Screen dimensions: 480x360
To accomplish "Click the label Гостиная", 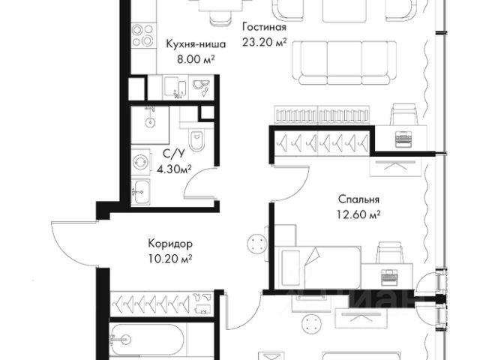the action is [x=265, y=27].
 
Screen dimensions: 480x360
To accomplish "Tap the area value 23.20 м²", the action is [x=265, y=42].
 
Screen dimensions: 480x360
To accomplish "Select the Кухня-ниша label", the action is [x=196, y=44].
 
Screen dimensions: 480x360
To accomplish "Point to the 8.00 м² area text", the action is [x=196, y=59].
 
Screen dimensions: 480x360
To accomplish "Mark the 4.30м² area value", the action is [x=174, y=169].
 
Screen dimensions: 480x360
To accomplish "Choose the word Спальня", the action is [x=358, y=199].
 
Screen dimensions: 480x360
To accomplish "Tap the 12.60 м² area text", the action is [x=358, y=214].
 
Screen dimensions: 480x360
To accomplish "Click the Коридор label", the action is [x=170, y=244].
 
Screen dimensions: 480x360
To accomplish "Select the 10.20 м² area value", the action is [x=170, y=259].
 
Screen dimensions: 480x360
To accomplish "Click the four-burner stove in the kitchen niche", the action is [x=142, y=35].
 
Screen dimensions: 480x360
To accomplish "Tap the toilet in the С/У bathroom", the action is [x=196, y=140].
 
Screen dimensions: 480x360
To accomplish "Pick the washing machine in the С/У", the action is [x=141, y=162].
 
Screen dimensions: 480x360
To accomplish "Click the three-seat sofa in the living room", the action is [x=344, y=63].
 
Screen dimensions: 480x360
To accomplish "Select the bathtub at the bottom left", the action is [x=147, y=339].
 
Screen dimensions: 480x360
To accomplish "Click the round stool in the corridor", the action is [x=256, y=243].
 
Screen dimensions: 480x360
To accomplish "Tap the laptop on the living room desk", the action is [x=402, y=139].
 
